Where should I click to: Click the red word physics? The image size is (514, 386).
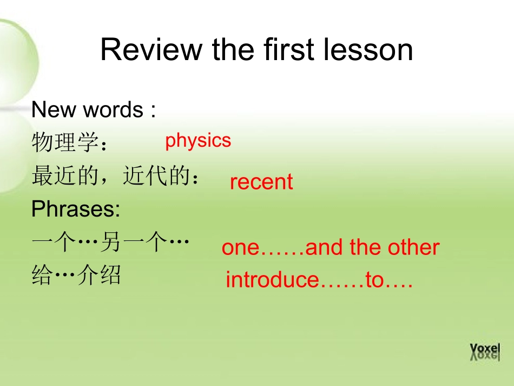click(198, 140)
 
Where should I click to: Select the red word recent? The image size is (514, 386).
click(261, 182)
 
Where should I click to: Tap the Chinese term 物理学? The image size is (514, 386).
click(65, 144)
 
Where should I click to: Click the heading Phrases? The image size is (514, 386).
click(76, 210)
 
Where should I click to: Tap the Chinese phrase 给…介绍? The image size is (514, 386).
click(76, 276)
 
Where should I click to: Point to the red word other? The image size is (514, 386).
click(416, 247)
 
